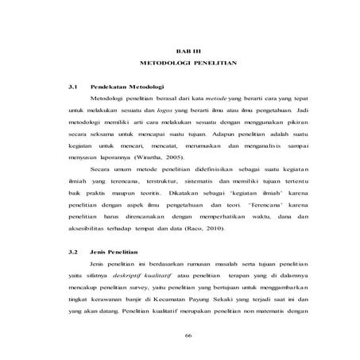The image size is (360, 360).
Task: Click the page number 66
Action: [x=188, y=335]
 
